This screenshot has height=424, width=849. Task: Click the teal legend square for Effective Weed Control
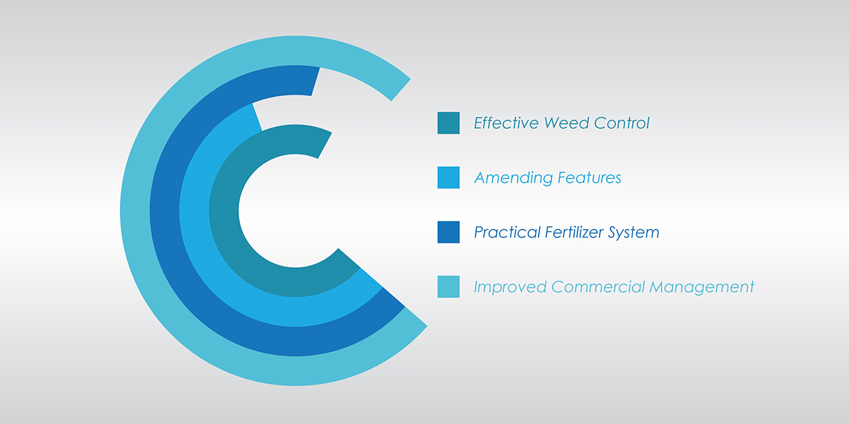click(x=449, y=123)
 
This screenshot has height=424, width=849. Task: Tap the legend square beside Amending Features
click(x=449, y=177)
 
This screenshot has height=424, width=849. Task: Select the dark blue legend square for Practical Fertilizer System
click(x=449, y=232)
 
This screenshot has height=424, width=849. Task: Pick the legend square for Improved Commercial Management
click(x=449, y=287)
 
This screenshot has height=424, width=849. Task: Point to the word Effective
click(x=507, y=123)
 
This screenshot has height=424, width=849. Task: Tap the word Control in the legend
click(x=622, y=123)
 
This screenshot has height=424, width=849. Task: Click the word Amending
click(x=513, y=178)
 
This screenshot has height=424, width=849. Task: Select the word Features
click(x=589, y=177)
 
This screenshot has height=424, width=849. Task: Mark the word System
click(x=634, y=232)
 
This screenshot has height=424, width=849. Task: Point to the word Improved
click(x=510, y=288)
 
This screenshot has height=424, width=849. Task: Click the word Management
click(x=702, y=288)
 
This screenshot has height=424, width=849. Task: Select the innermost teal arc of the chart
click(x=224, y=211)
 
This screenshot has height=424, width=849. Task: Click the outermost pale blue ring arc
click(x=135, y=211)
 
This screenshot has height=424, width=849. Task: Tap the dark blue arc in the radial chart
click(x=164, y=211)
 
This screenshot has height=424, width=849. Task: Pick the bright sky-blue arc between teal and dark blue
click(x=194, y=211)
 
